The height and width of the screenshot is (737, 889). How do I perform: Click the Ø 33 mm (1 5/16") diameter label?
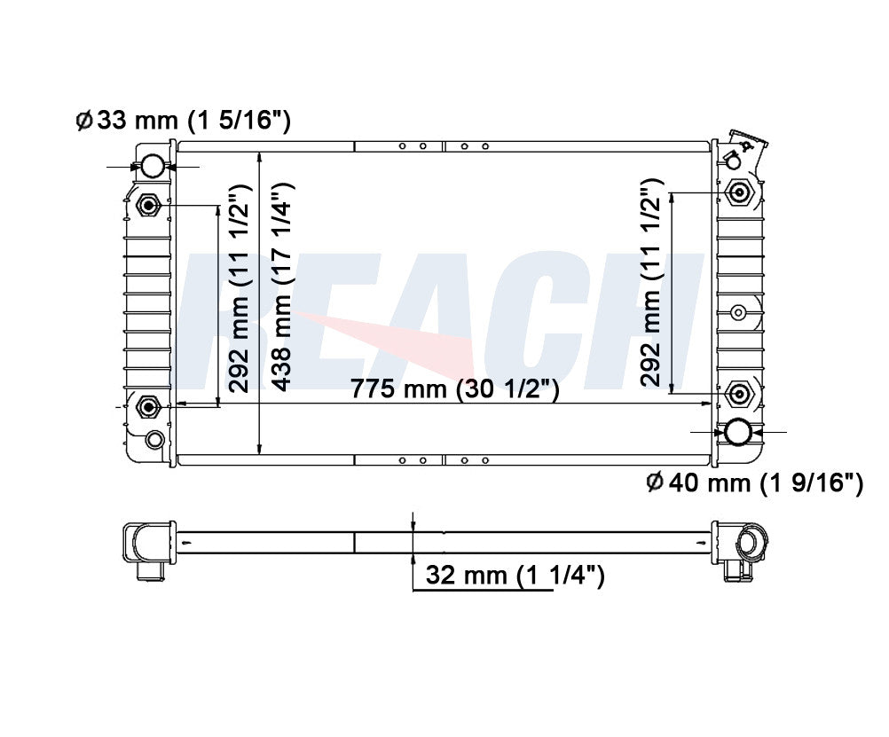point(183,121)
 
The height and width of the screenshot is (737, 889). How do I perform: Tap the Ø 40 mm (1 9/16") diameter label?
point(754,482)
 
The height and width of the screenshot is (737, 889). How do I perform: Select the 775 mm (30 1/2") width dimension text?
point(455,389)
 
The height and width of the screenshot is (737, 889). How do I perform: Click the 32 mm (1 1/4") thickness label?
point(515,576)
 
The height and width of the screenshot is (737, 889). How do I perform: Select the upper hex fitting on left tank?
point(149,205)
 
